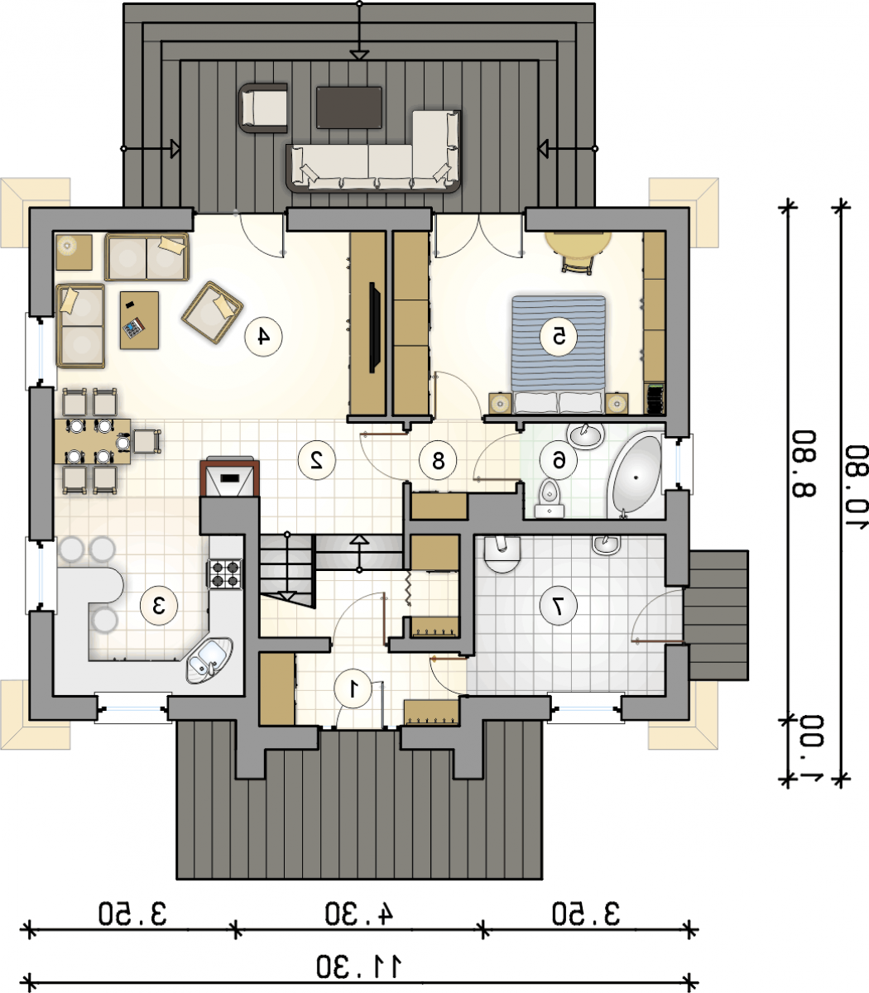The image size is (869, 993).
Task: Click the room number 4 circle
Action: (x=263, y=336)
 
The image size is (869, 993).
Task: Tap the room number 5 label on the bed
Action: (x=559, y=336)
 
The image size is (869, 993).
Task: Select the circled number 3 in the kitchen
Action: (x=159, y=606)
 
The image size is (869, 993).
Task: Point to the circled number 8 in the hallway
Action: (x=438, y=460)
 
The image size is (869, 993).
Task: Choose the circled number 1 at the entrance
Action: (x=353, y=689)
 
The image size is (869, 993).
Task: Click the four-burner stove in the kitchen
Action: (x=225, y=573)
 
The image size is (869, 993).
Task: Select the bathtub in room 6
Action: (x=635, y=477)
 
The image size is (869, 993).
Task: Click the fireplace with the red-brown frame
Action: (x=229, y=477)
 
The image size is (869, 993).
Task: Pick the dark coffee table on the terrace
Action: (x=348, y=108)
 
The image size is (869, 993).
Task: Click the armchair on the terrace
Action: (x=263, y=108)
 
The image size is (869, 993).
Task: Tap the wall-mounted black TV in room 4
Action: (x=375, y=328)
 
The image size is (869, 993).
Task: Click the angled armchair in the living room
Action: (x=212, y=313)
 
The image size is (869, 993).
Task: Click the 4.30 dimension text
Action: (x=359, y=914)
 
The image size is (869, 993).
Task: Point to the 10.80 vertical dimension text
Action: (x=856, y=487)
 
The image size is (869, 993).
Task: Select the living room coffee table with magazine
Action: (x=139, y=320)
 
